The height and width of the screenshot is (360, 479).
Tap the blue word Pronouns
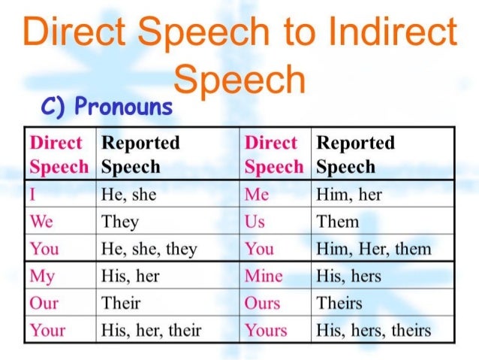pos(124,108)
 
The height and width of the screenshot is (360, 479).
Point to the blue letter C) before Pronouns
pos(56,108)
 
